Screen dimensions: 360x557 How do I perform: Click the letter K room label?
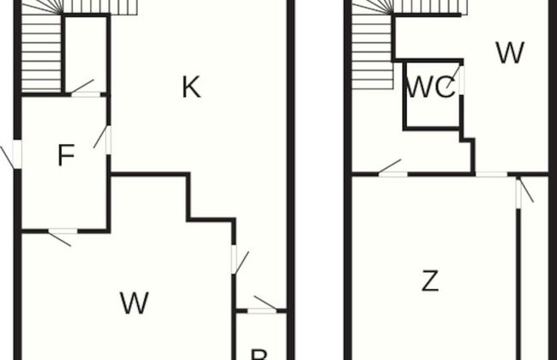point(191,87)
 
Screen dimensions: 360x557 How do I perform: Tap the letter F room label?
point(65,156)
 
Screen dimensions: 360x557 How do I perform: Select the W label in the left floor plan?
point(135,302)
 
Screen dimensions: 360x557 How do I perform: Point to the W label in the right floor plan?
point(509,54)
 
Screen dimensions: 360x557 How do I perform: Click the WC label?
point(430,89)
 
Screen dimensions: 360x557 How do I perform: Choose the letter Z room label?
point(430,281)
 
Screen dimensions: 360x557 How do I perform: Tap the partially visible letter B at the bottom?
point(258,353)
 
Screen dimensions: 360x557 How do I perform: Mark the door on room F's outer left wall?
point(15,156)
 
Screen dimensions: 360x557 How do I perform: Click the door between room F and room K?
point(108,140)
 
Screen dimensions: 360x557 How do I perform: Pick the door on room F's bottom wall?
point(62,231)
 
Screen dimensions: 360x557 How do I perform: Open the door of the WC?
point(460,81)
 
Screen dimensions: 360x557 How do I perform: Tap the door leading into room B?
point(262,309)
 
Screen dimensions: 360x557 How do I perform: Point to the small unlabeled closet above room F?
point(87,53)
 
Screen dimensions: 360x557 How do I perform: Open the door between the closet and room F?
point(84,93)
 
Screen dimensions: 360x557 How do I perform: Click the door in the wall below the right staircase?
point(392,174)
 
